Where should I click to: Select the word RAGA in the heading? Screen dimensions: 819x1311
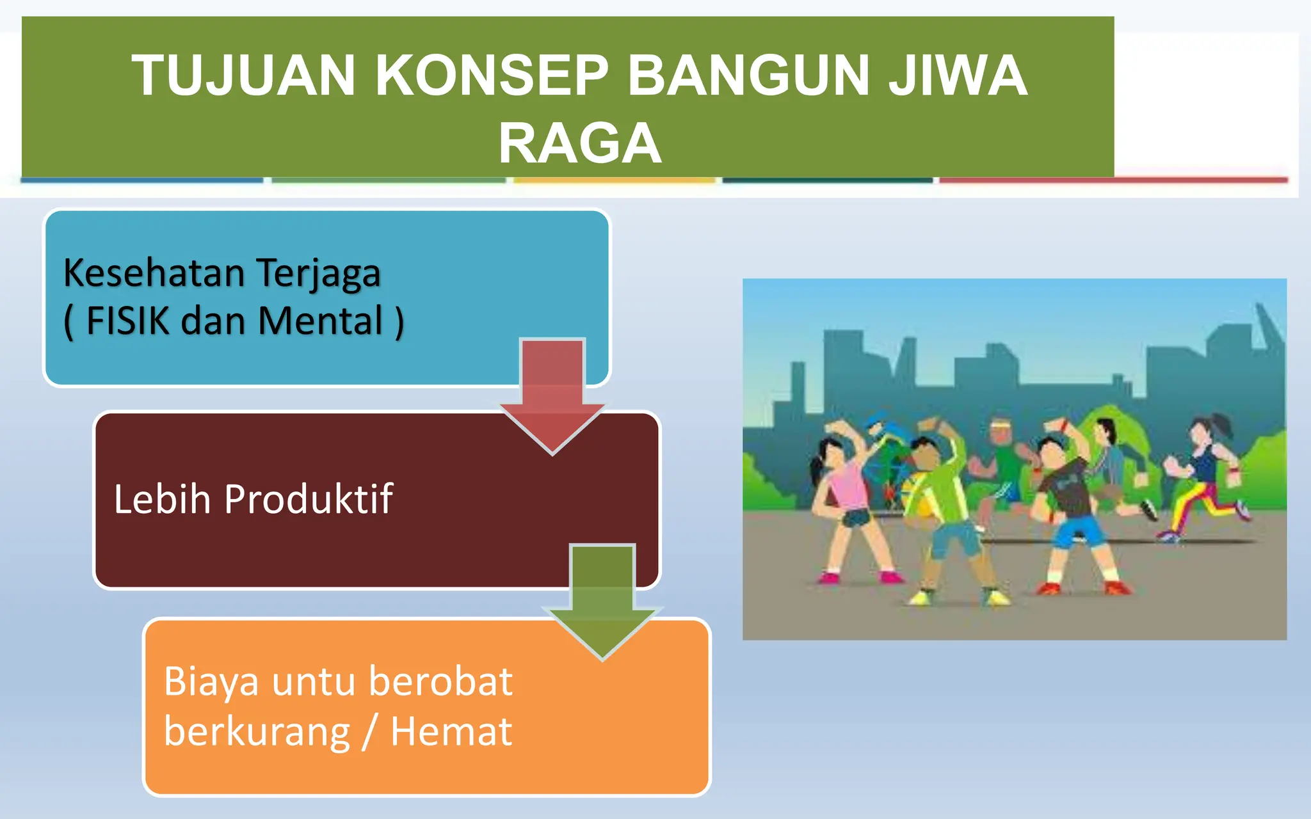[579, 143]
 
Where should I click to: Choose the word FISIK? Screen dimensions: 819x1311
[127, 321]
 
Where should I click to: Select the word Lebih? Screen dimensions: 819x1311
[162, 499]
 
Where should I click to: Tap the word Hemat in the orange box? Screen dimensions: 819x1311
[451, 731]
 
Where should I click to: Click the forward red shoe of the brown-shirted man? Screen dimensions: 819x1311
[1117, 587]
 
